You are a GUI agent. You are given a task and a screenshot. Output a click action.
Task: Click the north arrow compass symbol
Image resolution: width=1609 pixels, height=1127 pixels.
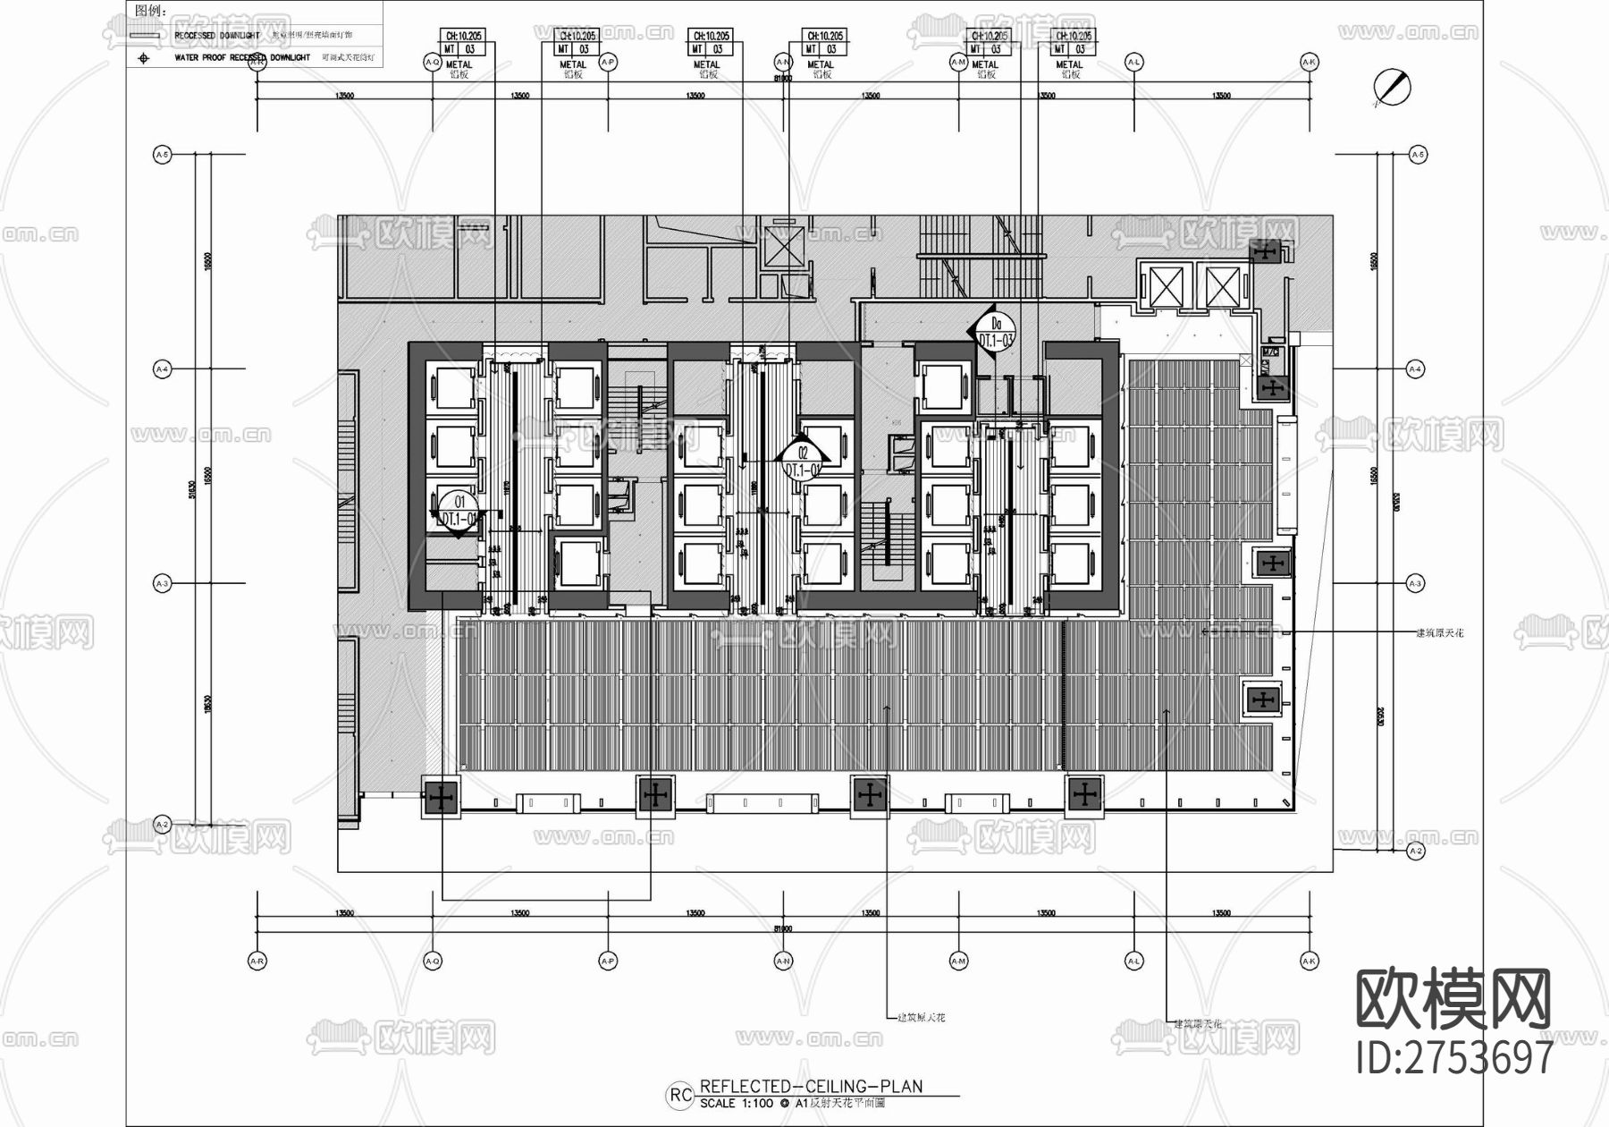pyautogui.click(x=1393, y=87)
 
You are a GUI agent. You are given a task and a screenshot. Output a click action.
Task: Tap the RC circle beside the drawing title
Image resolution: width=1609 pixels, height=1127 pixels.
pyautogui.click(x=681, y=1095)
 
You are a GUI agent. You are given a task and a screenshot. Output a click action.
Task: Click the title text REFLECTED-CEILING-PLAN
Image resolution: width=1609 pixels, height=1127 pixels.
pyautogui.click(x=811, y=1087)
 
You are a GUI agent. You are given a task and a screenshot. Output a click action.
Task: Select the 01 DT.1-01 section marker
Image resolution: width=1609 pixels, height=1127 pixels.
pyautogui.click(x=460, y=511)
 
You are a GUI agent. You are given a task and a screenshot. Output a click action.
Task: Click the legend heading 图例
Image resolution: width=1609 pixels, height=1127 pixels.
pyautogui.click(x=150, y=11)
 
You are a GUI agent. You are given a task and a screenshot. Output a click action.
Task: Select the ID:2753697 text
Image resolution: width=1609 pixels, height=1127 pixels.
pyautogui.click(x=1454, y=1057)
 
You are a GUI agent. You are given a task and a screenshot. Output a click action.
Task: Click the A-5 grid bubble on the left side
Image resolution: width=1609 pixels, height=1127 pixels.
pyautogui.click(x=162, y=155)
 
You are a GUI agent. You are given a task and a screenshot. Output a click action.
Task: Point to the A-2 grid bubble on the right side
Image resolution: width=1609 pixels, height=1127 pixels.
pyautogui.click(x=1415, y=851)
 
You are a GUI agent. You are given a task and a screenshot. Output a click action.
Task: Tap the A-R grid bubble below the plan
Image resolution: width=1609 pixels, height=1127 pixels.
pyautogui.click(x=257, y=961)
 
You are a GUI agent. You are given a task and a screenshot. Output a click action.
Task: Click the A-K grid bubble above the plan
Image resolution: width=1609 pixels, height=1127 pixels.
pyautogui.click(x=1310, y=62)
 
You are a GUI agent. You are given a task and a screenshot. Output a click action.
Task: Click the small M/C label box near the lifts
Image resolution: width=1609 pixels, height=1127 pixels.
pyautogui.click(x=1269, y=352)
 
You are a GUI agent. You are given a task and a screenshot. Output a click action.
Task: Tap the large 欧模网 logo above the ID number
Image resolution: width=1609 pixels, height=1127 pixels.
pyautogui.click(x=1454, y=999)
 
